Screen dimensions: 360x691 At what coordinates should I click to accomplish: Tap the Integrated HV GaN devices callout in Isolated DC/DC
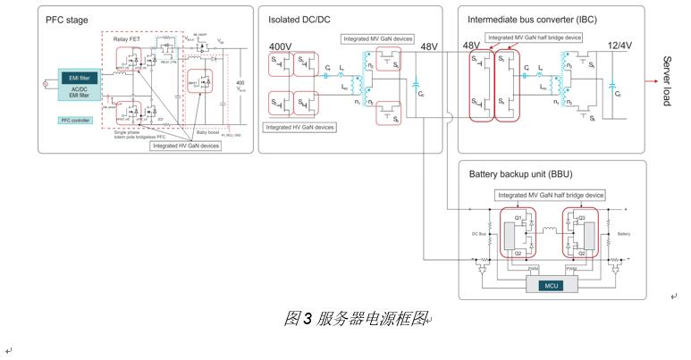coord(299,128)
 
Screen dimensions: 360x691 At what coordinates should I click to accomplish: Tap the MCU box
coord(548,286)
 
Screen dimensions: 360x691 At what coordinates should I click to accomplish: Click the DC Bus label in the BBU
coord(480,233)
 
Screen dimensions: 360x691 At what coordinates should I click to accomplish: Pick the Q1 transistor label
coord(517,217)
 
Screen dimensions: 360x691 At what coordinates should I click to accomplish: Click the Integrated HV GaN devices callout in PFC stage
coord(186,145)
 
